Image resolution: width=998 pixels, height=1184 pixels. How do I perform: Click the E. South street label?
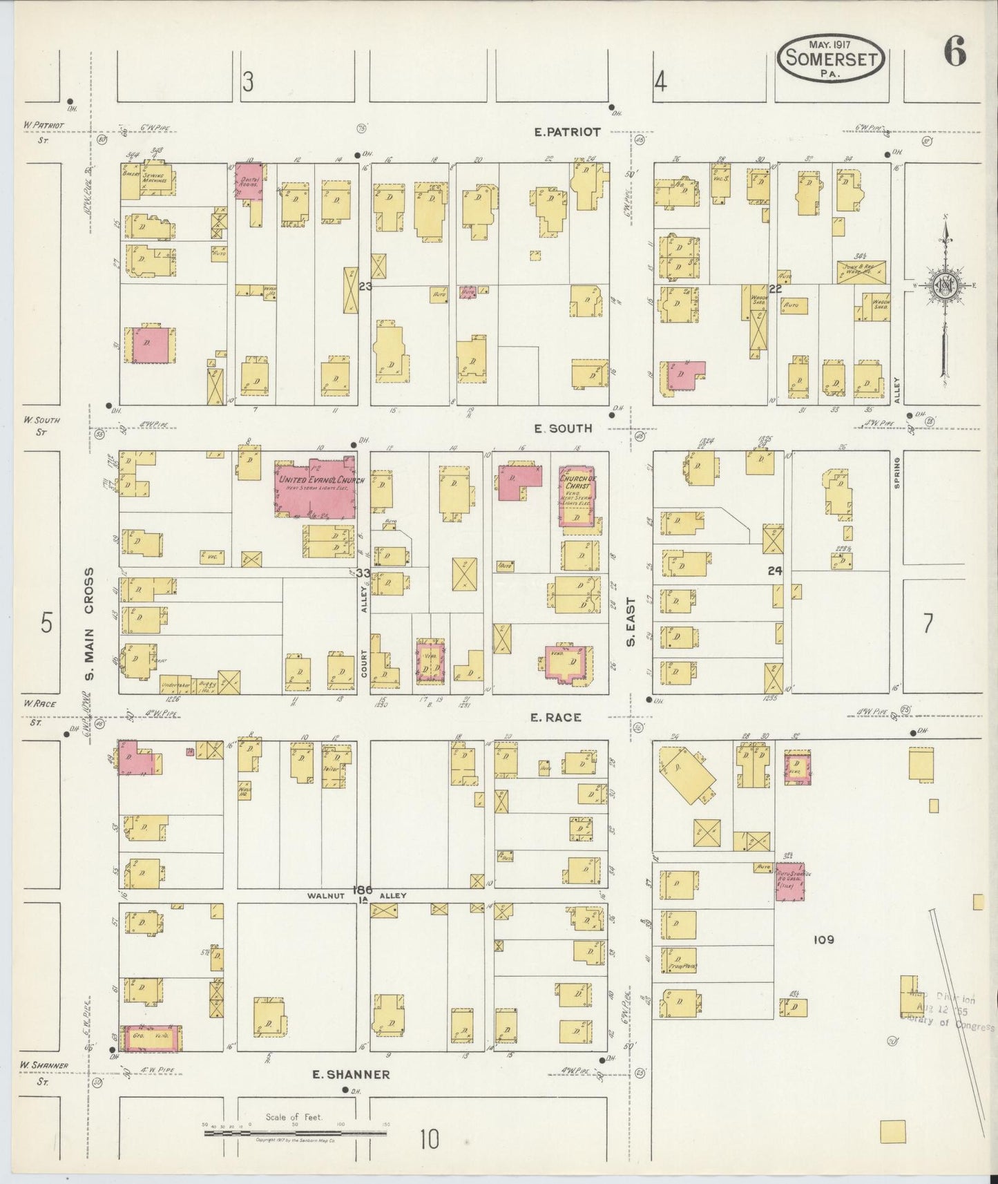[x=564, y=428]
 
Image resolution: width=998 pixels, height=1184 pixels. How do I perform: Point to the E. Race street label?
[x=555, y=718]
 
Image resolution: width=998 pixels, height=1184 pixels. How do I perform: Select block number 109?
[x=824, y=939]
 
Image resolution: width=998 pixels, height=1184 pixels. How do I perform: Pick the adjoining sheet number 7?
[x=928, y=623]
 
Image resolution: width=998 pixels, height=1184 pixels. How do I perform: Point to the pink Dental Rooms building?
[x=249, y=181]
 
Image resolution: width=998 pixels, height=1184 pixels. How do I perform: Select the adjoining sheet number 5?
[x=46, y=623]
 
